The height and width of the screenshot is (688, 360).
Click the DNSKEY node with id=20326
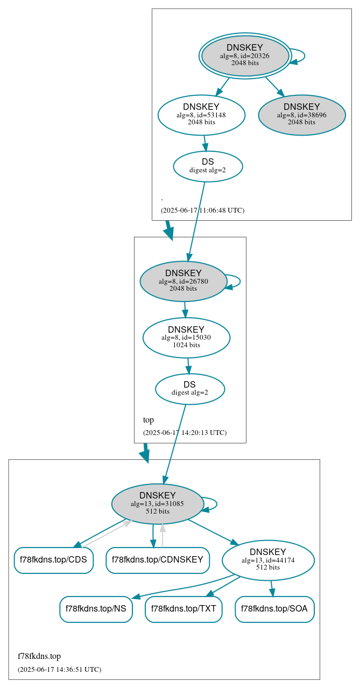coord(245,55)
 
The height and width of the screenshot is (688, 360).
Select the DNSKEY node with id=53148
coord(201,115)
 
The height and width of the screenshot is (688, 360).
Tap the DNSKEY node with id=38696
coord(301,115)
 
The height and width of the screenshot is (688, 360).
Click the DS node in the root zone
coord(208,166)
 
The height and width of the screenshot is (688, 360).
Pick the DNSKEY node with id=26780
coord(183,281)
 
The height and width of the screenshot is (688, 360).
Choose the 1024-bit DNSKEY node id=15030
coord(186,338)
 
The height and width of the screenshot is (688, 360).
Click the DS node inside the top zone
coord(189,389)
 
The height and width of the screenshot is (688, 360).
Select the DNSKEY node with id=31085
coord(157,503)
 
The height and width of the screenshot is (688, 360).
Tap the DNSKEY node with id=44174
coord(268,560)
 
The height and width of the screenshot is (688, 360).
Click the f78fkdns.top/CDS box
coord(53,560)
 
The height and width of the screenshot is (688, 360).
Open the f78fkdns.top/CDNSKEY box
coord(158,560)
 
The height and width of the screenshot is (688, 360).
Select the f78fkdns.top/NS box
coord(96,609)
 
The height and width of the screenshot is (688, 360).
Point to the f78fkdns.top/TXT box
coord(183,609)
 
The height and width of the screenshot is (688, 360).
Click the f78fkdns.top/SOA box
coord(274,609)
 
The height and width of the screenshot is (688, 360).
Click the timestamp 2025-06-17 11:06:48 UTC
coord(202,210)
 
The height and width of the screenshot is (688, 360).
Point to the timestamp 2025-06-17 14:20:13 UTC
coord(185,433)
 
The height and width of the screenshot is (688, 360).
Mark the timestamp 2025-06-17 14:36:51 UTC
coord(59,670)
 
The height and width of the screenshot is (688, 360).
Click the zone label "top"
coord(149,420)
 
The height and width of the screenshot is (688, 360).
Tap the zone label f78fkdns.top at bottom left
coord(39,656)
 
